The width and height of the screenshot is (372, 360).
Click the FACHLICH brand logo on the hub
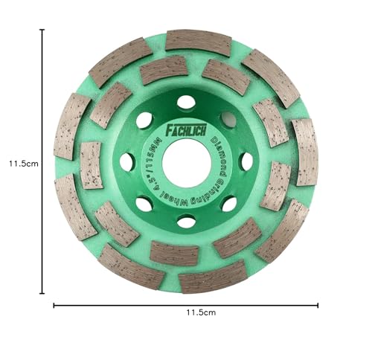click(186, 130)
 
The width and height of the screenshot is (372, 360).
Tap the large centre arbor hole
click(187, 162)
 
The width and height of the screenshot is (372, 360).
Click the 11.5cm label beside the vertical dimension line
click(24, 164)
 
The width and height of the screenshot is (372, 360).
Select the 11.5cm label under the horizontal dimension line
click(201, 312)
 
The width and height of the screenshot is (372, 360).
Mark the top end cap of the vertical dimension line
click(43, 30)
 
